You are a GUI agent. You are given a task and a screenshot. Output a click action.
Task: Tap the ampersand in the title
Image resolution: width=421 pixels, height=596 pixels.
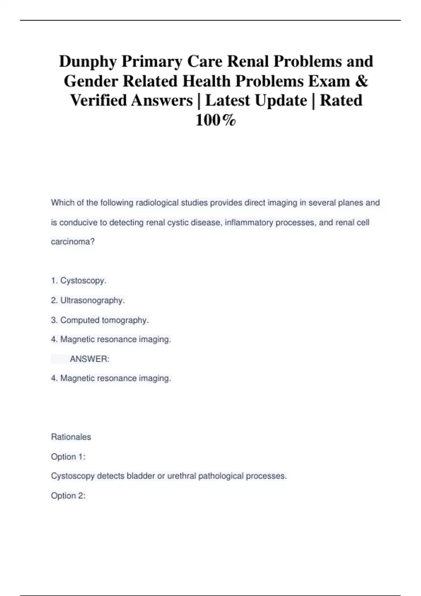pyautogui.click(x=362, y=81)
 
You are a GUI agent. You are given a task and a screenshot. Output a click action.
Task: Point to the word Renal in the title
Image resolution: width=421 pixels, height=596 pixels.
pyautogui.click(x=248, y=62)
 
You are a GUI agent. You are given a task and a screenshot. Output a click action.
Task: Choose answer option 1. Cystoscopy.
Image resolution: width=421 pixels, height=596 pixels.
pyautogui.click(x=79, y=281)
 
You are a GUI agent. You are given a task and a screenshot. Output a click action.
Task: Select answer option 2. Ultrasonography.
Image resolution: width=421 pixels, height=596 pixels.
pyautogui.click(x=88, y=300)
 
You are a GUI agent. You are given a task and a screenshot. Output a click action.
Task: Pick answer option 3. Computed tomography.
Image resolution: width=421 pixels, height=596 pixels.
pyautogui.click(x=100, y=320)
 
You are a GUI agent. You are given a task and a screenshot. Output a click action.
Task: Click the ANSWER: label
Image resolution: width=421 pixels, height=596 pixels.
pyautogui.click(x=90, y=359)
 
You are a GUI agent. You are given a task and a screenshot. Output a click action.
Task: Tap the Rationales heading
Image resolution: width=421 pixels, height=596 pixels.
pyautogui.click(x=71, y=437)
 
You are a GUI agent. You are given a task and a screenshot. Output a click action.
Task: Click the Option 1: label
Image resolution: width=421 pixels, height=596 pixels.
pyautogui.click(x=68, y=457)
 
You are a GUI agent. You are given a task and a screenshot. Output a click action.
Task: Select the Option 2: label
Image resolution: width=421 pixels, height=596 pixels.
pyautogui.click(x=68, y=496)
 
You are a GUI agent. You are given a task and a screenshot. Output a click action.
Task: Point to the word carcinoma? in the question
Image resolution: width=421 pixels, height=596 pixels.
pyautogui.click(x=73, y=242)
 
